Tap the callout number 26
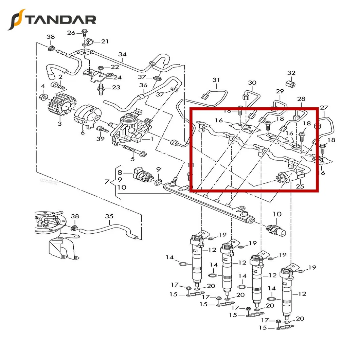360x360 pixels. coord(71,33)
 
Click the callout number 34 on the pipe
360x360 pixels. coord(122,54)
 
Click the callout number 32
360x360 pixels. coord(291,73)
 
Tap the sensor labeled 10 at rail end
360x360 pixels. coord(277,230)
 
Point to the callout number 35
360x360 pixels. coord(109,216)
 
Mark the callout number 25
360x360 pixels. coord(300,186)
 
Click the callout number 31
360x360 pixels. coord(216,80)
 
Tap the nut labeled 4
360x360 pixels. coord(43,97)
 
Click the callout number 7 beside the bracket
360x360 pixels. coord(107,182)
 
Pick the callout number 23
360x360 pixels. coord(116,88)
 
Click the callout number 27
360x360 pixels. coord(324,108)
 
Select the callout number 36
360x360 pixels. coord(143,86)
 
